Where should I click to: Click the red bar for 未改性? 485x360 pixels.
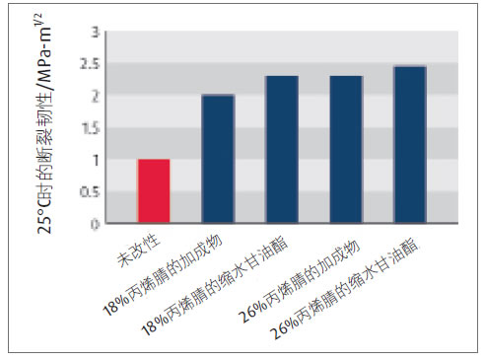[154, 191]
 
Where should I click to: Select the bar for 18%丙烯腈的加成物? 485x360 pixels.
[218, 159]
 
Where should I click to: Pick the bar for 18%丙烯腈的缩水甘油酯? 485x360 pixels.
[282, 150]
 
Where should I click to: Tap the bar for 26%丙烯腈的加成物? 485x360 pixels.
[346, 150]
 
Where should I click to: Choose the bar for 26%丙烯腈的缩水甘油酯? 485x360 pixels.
[410, 145]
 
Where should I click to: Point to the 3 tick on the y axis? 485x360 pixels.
[96, 33]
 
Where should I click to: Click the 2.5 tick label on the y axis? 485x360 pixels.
[91, 64]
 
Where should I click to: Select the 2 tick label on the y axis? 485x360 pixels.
[96, 97]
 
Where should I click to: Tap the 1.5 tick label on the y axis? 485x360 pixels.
[91, 128]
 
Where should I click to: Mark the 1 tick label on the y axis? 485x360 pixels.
[96, 160]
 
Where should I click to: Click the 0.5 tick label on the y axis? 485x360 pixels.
[91, 192]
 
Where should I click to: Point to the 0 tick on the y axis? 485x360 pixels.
[96, 224]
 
